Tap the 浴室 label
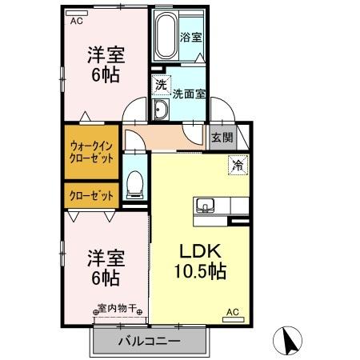click(191, 37)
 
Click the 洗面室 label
click(189, 92)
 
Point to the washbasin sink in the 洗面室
click(160, 110)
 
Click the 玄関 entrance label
click(222, 137)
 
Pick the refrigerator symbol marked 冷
click(238, 166)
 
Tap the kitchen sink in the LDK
click(206, 206)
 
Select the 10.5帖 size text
click(200, 271)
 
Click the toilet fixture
click(134, 184)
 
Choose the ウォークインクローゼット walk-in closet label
click(90, 152)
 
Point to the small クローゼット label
click(90, 195)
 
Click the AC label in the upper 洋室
click(76, 22)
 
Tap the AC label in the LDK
click(232, 312)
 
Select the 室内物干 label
click(118, 306)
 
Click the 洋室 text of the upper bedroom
click(104, 56)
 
